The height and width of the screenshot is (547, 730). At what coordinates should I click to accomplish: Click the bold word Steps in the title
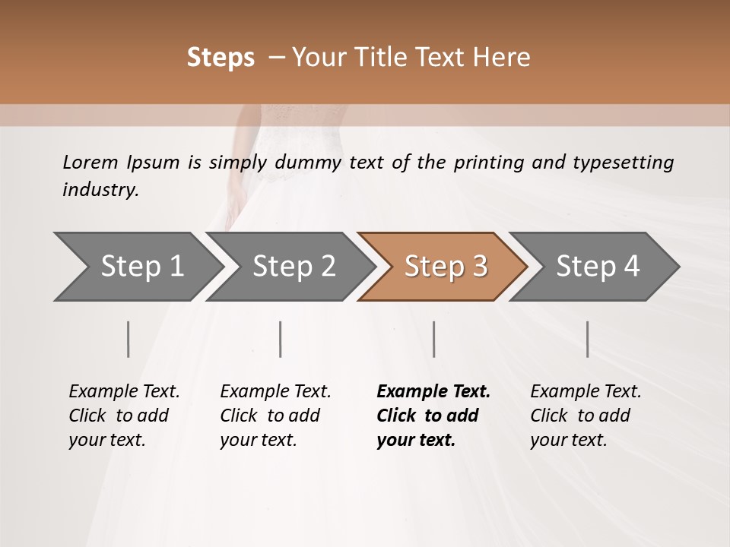(x=221, y=58)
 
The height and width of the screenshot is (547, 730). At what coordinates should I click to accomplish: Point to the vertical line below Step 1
(x=129, y=339)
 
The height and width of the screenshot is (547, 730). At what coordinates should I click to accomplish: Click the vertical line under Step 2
(x=281, y=339)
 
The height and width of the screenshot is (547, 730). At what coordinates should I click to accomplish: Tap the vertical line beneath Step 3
(x=433, y=339)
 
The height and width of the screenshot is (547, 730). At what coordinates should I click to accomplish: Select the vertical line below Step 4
(x=587, y=339)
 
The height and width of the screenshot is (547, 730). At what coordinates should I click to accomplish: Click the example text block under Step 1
(x=124, y=416)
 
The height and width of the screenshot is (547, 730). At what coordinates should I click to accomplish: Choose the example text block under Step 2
(x=275, y=416)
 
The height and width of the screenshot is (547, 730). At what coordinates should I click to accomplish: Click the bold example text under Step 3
(x=433, y=416)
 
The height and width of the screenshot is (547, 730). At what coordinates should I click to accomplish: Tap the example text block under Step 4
(x=586, y=416)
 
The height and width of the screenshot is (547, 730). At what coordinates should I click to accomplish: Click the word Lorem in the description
(x=90, y=163)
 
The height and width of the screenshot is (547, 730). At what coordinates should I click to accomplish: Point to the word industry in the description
(x=100, y=190)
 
